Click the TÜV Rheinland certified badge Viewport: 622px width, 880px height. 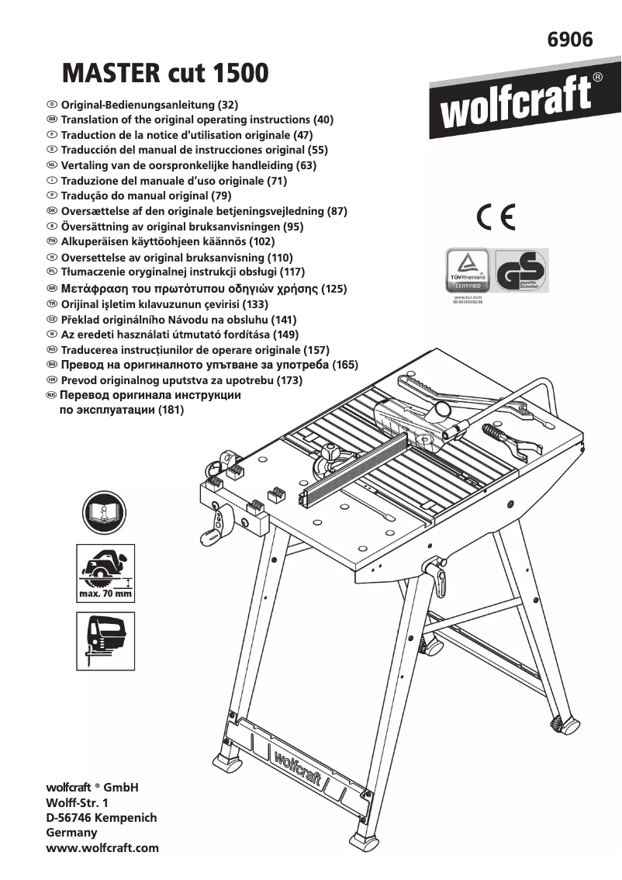point(467,270)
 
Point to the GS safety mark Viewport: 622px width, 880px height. point(521,270)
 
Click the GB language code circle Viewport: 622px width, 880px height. point(51,120)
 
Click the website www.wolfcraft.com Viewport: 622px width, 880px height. point(102,847)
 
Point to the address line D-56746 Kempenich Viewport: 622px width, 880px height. point(102,818)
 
